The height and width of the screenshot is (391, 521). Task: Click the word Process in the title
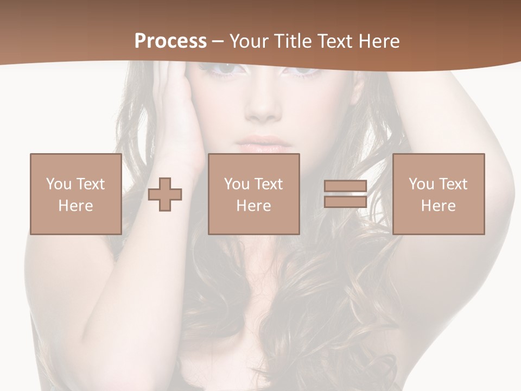pos(170,41)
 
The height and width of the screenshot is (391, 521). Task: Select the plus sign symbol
pos(165,194)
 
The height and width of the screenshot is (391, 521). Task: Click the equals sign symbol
pos(345,194)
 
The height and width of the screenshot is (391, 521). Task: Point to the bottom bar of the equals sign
pos(345,202)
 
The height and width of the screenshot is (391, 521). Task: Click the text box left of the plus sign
pos(75,194)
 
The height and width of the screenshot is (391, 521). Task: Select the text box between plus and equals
pos(253,194)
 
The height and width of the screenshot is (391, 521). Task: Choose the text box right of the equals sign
pos(438,194)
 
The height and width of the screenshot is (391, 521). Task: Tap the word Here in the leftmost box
pos(75,206)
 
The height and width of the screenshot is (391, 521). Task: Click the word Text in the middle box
pos(268,184)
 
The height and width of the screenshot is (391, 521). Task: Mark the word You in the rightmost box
pos(421,184)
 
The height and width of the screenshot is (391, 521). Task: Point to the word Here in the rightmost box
pos(438,206)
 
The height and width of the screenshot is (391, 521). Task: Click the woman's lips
pos(263,146)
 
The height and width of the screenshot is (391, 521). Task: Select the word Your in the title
pos(248,41)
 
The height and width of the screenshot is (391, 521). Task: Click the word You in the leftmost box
pos(59,184)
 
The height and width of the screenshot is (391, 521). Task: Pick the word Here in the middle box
pos(253,206)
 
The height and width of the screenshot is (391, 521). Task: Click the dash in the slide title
pos(218,41)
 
